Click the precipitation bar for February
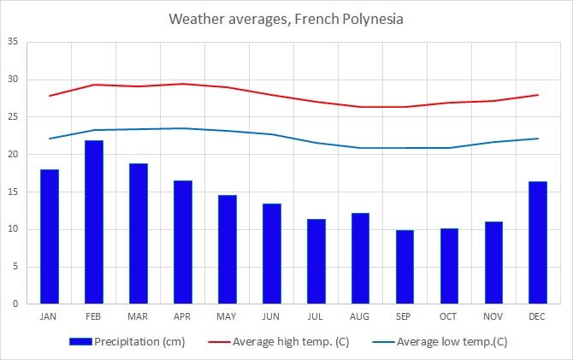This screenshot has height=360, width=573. (94, 221)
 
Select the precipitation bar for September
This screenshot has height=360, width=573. (405, 266)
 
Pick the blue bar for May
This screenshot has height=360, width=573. (227, 249)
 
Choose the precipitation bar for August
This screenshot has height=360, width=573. (361, 257)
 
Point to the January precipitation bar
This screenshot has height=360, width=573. (50, 236)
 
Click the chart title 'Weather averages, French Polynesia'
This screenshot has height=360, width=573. (286, 18)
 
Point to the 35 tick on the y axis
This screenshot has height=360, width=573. (13, 42)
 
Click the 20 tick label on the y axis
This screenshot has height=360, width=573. (13, 154)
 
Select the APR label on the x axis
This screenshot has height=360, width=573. (183, 316)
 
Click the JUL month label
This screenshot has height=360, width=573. (316, 316)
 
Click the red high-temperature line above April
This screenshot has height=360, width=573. (183, 84)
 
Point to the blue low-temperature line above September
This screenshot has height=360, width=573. (405, 148)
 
